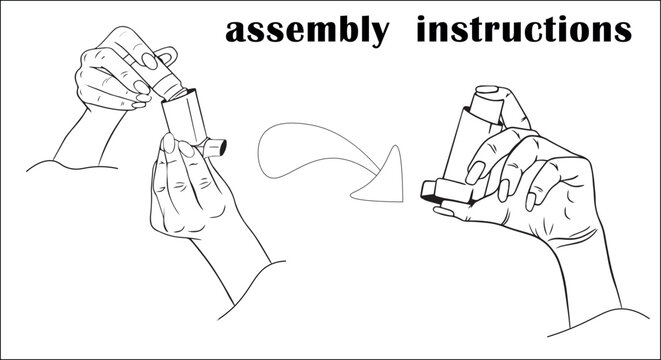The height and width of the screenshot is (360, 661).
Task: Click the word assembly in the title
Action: [306, 31]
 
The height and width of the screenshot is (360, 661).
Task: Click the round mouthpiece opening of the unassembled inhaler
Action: [221, 148]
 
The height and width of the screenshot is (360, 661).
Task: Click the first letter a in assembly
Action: [237, 33]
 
